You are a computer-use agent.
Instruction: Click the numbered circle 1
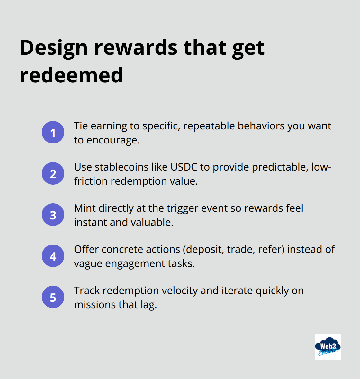tap(53, 133)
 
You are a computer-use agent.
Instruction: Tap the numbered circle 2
tap(53, 174)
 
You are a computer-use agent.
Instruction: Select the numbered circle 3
tap(53, 215)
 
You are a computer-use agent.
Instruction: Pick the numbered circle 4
tap(53, 256)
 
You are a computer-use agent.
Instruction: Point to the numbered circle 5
tap(53, 297)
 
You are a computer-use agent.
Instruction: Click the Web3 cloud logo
tap(328, 347)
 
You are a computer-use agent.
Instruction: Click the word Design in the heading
tap(54, 48)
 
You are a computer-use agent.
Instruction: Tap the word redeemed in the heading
tap(71, 75)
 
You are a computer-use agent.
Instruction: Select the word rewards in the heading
tap(135, 48)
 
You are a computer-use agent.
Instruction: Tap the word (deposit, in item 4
tap(204, 250)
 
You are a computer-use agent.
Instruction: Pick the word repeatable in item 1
tap(209, 126)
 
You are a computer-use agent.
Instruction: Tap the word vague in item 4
tap(88, 264)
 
